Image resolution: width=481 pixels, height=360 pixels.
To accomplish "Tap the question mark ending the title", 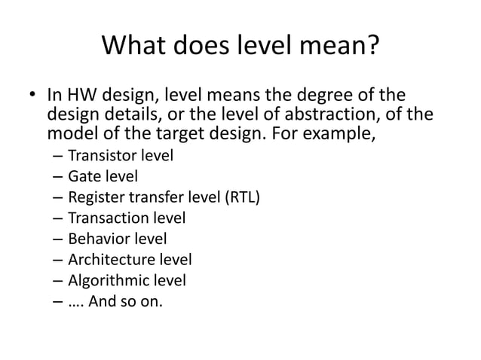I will tap(372, 47).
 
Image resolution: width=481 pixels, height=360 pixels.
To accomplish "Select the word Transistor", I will tap(99, 157).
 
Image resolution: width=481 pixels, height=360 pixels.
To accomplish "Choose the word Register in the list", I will tap(93, 199).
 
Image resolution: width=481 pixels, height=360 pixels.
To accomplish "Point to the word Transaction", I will tap(103, 219).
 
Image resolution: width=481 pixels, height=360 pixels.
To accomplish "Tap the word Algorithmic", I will tap(103, 281).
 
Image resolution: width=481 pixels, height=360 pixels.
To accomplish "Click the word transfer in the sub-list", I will tap(149, 198).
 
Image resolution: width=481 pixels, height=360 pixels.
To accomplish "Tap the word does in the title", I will tap(202, 47).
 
